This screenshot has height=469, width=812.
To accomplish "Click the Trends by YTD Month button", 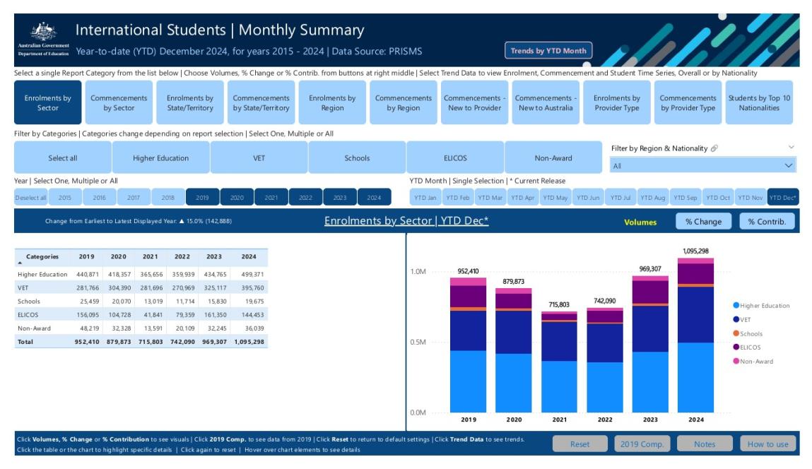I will pos(548,51).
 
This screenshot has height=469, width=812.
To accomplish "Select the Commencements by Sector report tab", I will pos(119,103).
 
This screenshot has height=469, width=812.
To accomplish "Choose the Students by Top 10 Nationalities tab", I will pos(759,103).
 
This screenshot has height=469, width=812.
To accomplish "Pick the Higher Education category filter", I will pos(160,158).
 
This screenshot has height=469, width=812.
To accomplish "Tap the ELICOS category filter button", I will pos(454,158).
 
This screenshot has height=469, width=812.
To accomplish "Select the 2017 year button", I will pos(134,198).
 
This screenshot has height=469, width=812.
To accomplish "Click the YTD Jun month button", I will pos(589,198).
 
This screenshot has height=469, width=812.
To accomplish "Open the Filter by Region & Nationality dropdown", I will pos(702,166).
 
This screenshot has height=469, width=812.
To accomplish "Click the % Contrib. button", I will pos(767,222).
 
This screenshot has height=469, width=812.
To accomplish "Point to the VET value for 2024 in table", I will pos(252,288).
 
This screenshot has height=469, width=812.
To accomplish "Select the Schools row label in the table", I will pos(30,302).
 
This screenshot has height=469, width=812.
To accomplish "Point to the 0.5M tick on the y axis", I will pos(418,343).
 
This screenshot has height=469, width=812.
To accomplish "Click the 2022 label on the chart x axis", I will pos(605,420).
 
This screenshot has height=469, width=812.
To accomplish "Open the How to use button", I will pos(767,444).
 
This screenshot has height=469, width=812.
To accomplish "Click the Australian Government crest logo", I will pos(44,32).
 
